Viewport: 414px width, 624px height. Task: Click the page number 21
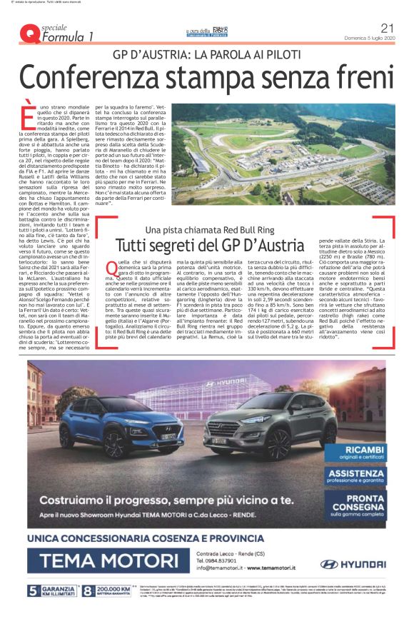(x=388, y=28)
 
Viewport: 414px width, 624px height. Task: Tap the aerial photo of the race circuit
(x=283, y=153)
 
